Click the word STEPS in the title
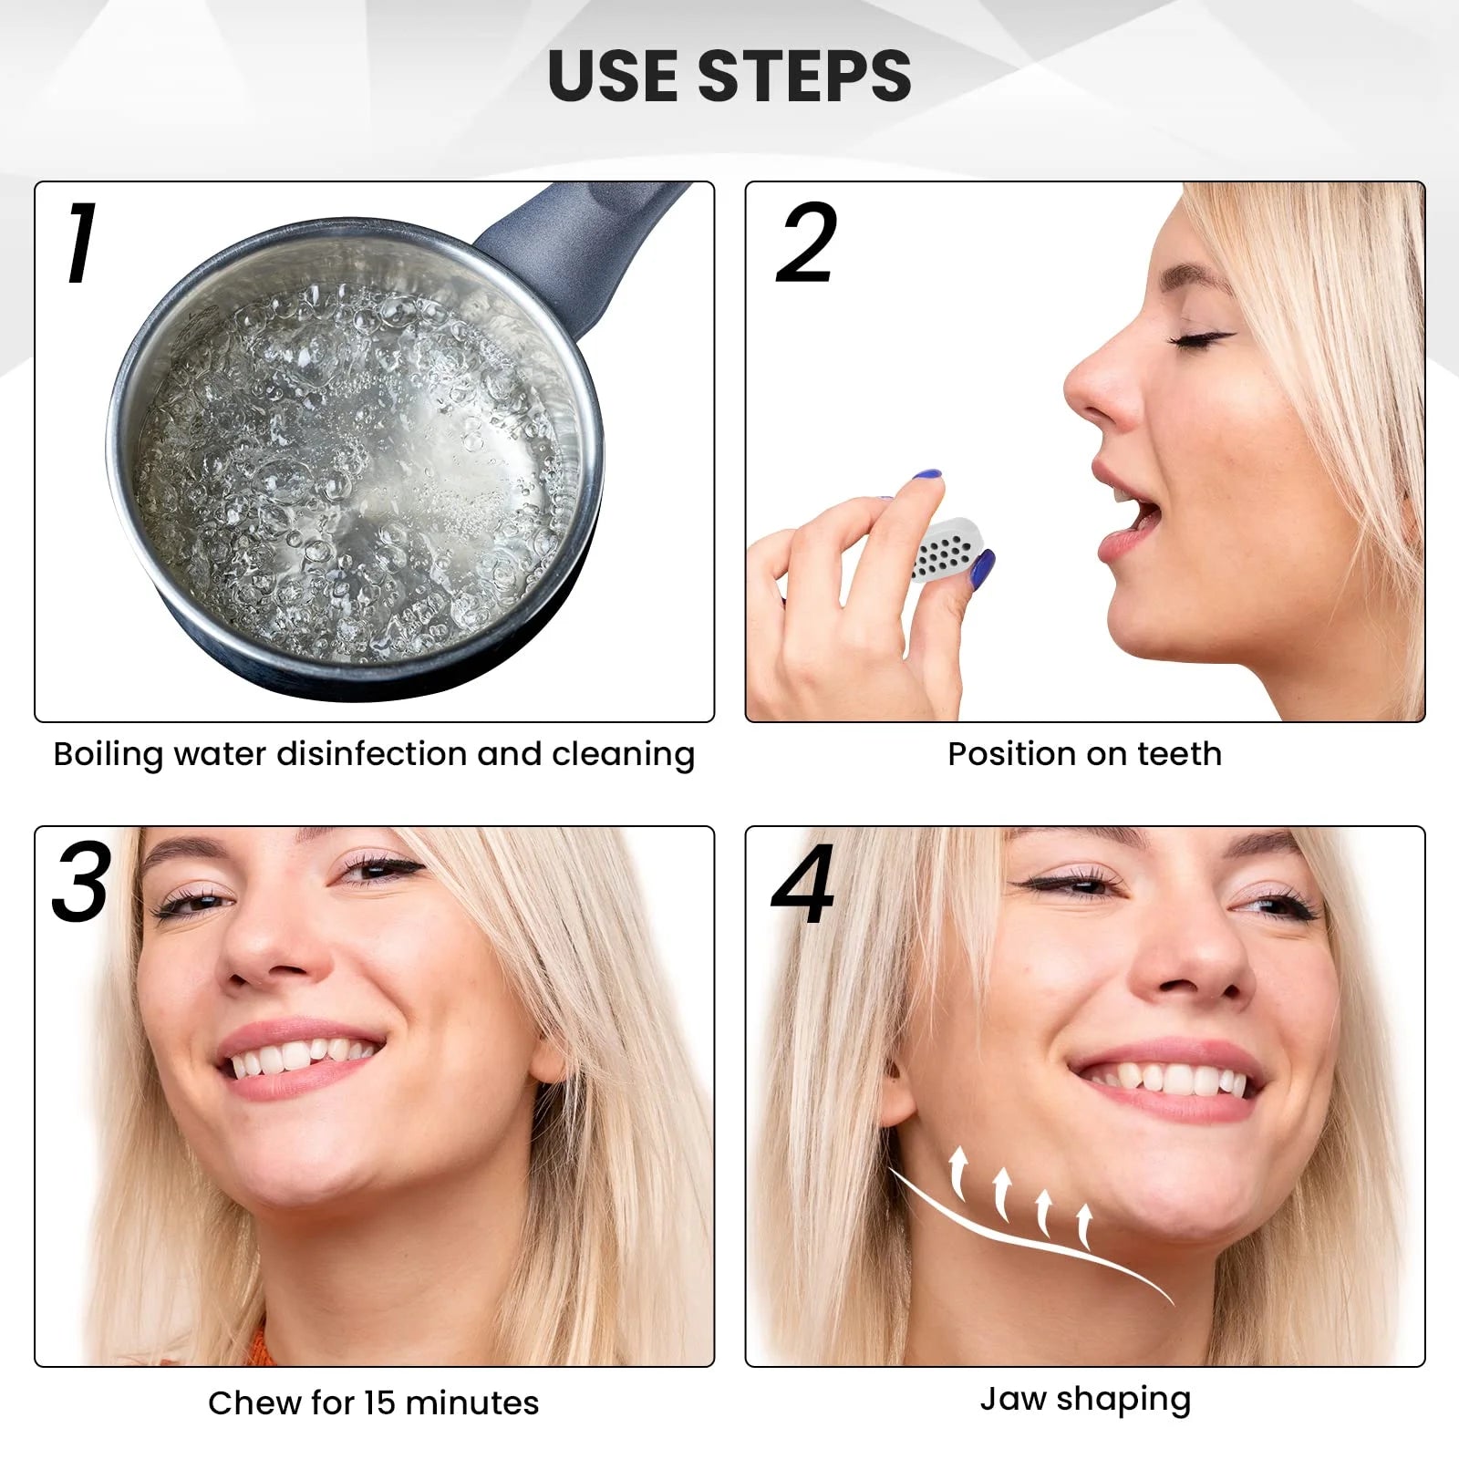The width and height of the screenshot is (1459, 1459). click(805, 75)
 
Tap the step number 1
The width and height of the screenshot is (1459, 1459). click(80, 242)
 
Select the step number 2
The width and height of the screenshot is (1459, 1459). click(806, 242)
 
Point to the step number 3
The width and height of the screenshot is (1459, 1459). click(81, 881)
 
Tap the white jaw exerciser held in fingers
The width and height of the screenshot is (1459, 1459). click(944, 551)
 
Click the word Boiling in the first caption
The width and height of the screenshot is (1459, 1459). click(109, 755)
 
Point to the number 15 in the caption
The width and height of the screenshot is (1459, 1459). click(380, 1403)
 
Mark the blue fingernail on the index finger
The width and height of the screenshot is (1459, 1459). click(927, 475)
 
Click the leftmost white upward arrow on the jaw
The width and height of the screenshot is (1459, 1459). click(957, 1174)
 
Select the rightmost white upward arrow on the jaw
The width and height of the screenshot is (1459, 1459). click(1084, 1227)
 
